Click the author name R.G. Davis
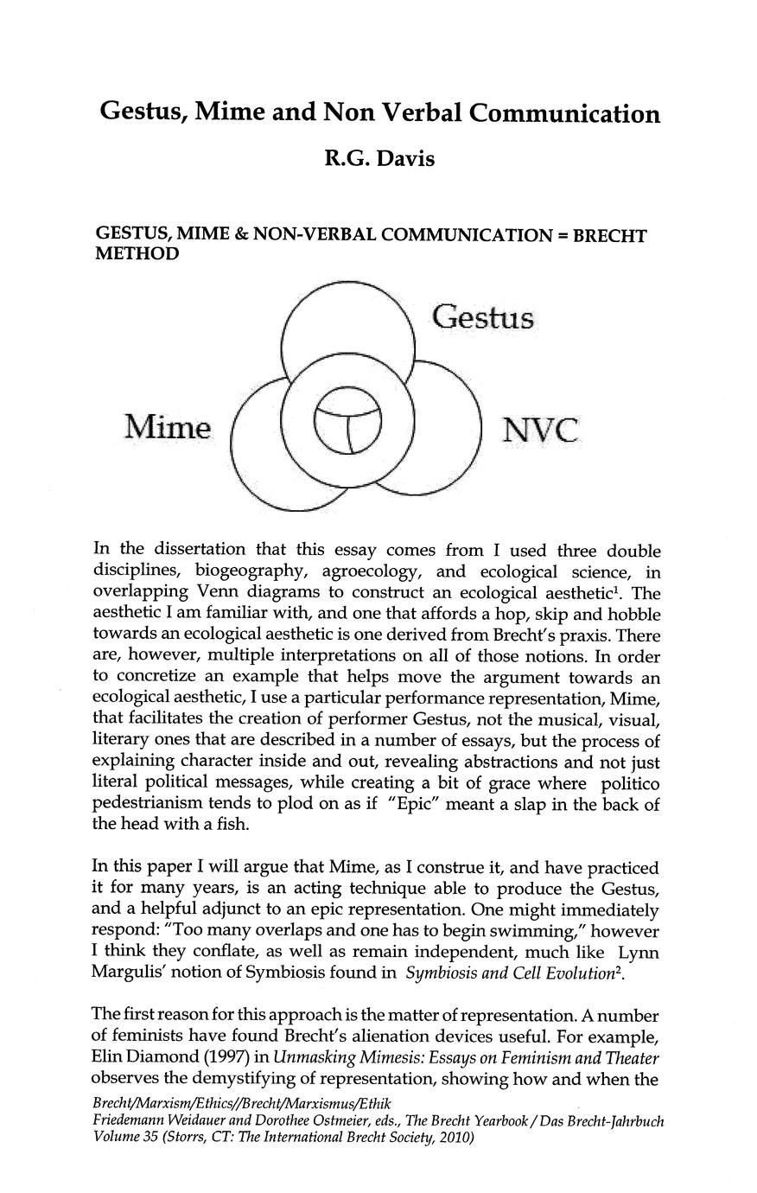(x=378, y=159)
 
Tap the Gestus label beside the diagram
(x=483, y=317)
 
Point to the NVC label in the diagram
(x=539, y=430)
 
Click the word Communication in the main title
(x=564, y=114)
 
